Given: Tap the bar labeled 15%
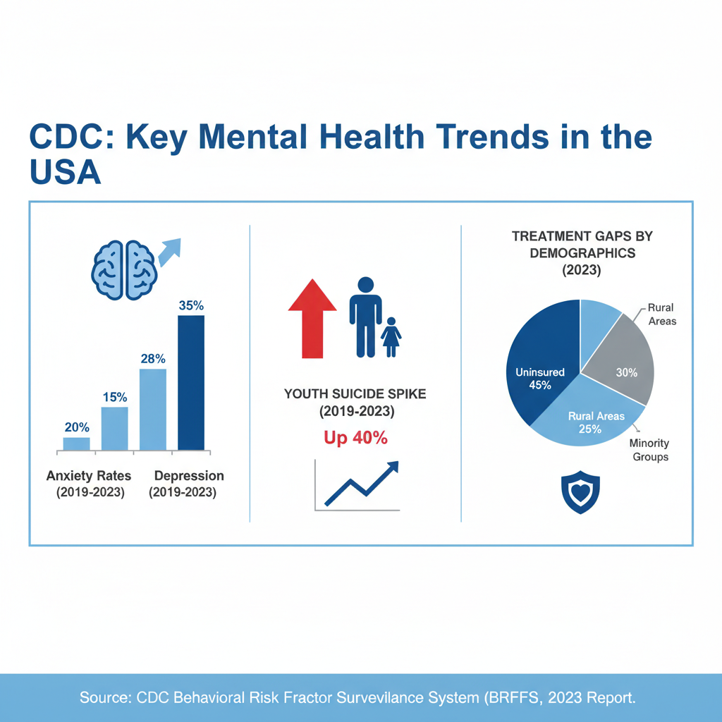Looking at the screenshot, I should [115, 428].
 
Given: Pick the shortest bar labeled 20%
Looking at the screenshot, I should [76, 443].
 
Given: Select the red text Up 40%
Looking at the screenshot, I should [355, 437].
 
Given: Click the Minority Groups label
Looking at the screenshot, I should [649, 450].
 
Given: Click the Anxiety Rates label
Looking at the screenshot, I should [89, 476].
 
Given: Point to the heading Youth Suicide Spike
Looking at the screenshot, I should [355, 394].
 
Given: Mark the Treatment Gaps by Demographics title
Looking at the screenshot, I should [582, 244].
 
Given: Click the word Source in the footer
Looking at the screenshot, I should [106, 698].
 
